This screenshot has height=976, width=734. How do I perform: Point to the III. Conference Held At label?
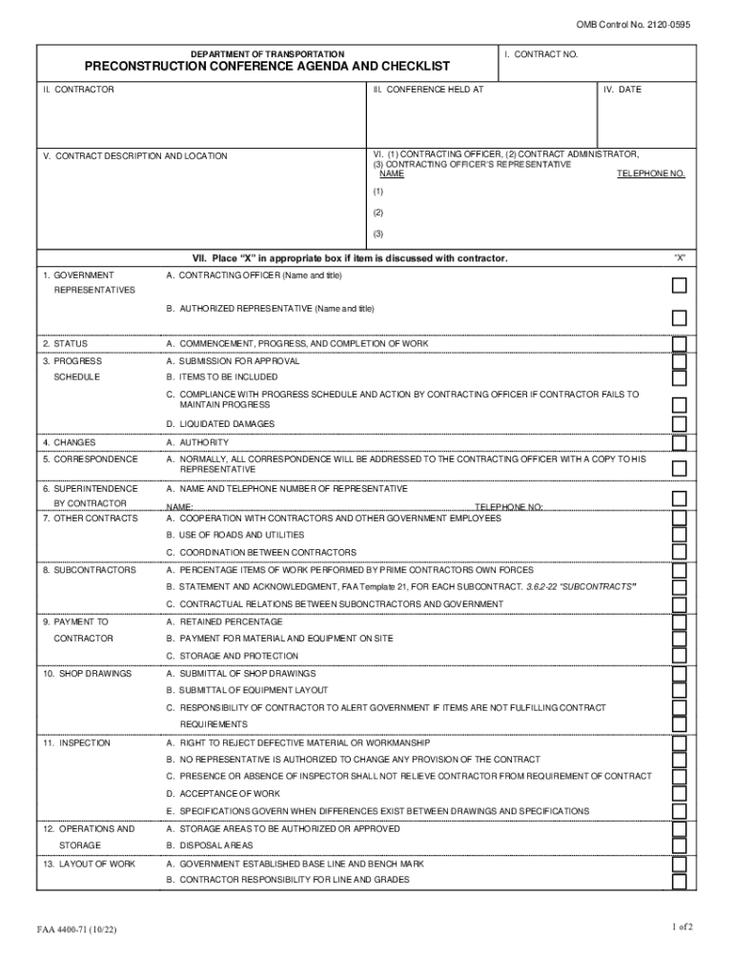tap(428, 90)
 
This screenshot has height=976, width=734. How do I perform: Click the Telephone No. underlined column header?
tap(650, 173)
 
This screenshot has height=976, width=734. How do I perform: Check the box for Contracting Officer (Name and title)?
tap(679, 285)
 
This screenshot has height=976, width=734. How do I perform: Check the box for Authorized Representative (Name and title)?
tap(679, 317)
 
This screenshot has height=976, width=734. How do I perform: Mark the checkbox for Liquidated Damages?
tap(679, 424)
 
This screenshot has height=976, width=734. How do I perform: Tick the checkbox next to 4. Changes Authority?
tap(679, 443)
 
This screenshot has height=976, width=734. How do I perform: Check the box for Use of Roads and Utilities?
tap(679, 536)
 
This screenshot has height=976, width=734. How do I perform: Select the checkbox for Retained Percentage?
tap(679, 621)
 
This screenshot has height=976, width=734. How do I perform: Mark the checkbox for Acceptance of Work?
tap(679, 794)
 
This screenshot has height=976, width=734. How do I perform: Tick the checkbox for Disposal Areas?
tap(679, 846)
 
